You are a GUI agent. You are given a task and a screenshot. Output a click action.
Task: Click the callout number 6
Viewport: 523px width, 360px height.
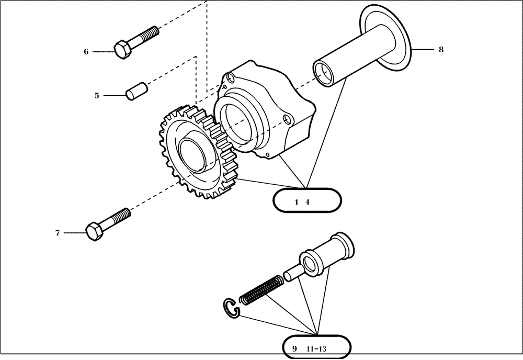(86, 51)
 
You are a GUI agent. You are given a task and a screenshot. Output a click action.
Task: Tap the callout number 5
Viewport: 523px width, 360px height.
(97, 95)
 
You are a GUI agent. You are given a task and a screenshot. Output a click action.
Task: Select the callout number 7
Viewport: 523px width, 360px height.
(58, 233)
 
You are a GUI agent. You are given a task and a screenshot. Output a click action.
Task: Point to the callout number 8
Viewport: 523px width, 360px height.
(441, 49)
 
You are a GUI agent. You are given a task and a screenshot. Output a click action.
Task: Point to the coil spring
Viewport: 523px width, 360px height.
(261, 291)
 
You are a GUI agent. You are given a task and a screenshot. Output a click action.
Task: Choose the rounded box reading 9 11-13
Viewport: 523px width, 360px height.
(316, 348)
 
